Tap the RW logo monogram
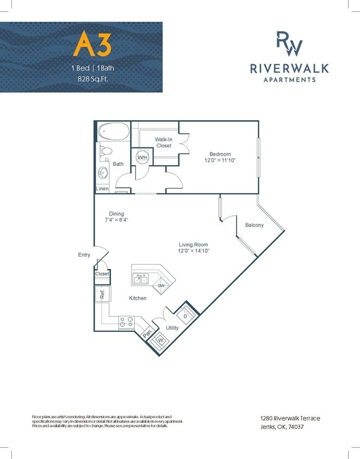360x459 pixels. pyautogui.click(x=288, y=44)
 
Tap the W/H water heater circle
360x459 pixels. pyautogui.click(x=142, y=157)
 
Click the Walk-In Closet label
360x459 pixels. pyautogui.click(x=164, y=142)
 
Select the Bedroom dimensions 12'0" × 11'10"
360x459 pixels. pyautogui.click(x=220, y=160)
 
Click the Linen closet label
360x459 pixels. pyautogui.click(x=102, y=189)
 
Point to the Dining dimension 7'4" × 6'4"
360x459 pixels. pyautogui.click(x=116, y=220)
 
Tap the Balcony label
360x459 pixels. pyautogui.click(x=254, y=225)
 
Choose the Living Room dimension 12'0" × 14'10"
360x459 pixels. pyautogui.click(x=193, y=251)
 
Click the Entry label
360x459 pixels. pyautogui.click(x=84, y=255)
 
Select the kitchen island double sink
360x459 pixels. pyautogui.click(x=141, y=280)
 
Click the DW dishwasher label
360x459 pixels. pyautogui.click(x=162, y=286)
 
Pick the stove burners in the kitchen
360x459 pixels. pyautogui.click(x=126, y=322)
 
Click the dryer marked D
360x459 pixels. pyautogui.click(x=185, y=315)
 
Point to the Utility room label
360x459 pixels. pyautogui.click(x=172, y=328)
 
